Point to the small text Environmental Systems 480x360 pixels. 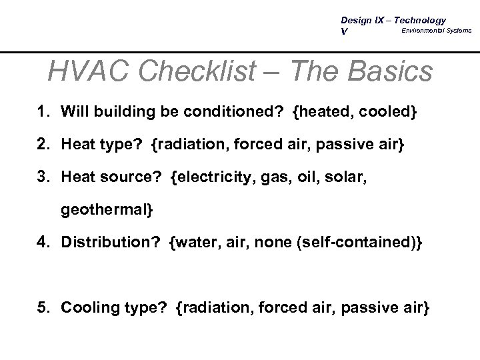pos(436,30)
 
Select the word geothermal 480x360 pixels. pos(105,211)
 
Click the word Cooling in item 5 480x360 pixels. pos(86,308)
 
